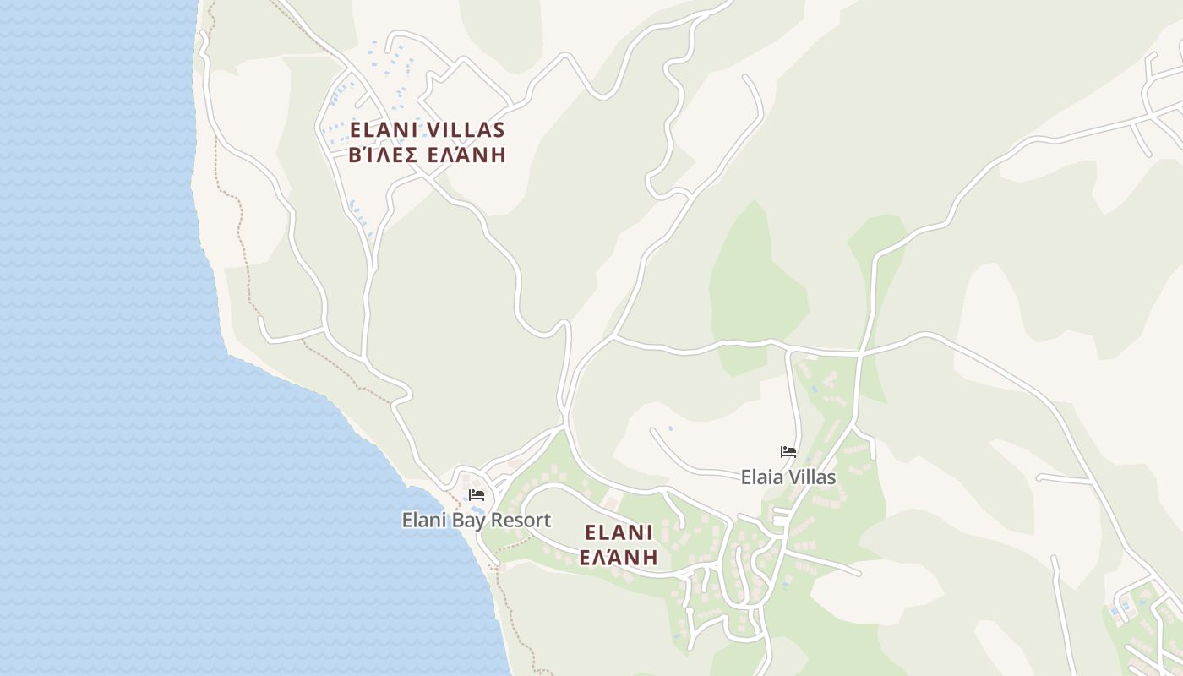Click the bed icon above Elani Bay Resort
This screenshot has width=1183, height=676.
(477, 495)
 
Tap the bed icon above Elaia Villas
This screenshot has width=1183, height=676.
(788, 452)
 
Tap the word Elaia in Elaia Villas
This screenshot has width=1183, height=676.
(762, 477)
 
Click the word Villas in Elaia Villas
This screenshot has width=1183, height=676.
(812, 477)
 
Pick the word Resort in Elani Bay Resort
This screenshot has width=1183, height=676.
(522, 521)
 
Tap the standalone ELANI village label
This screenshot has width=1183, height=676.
(619, 532)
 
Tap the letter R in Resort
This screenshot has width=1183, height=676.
(499, 521)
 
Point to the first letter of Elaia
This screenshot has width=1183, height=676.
(745, 477)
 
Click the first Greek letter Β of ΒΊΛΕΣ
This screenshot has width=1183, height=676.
(355, 155)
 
